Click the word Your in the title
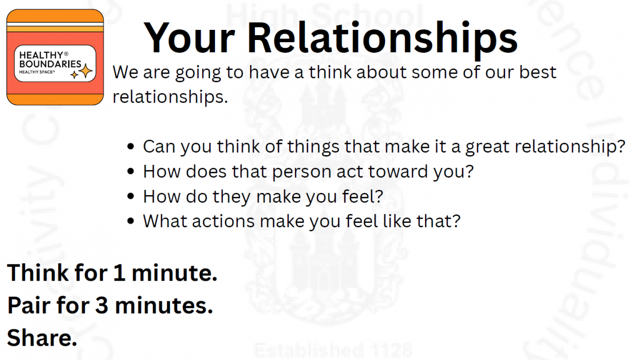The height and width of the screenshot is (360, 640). pos(189,38)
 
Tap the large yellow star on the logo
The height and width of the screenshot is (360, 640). pos(86,71)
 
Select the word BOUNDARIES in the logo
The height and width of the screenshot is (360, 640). pos(50,63)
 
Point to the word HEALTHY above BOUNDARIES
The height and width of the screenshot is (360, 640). pos(41,55)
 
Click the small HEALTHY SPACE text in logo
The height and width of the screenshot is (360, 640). pos(37,72)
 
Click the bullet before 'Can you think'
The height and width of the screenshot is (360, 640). pos(131,147)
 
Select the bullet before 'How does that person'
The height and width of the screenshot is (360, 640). pos(131,171)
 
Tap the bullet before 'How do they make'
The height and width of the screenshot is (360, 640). pos(131,196)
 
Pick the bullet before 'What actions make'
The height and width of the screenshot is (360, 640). pos(131,221)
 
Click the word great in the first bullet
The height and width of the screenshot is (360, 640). pos(487,147)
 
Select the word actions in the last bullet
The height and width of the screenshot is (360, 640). pos(223,221)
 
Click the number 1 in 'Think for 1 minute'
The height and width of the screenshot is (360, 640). pos(119,273)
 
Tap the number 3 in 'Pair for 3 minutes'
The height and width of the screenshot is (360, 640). pos(102,306)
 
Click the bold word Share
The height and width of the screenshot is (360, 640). pos(42,338)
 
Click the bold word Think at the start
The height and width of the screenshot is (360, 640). pos(38,273)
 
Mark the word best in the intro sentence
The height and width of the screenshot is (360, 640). pos(538,71)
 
